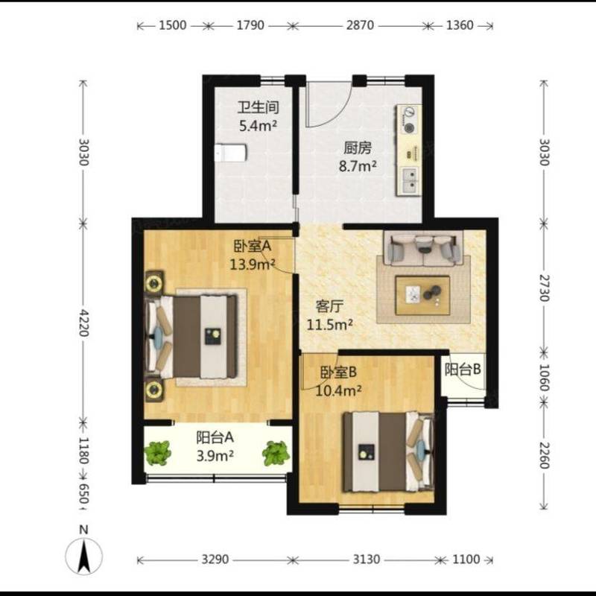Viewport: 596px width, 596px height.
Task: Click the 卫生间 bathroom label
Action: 258,107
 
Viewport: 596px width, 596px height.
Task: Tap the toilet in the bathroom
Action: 230,153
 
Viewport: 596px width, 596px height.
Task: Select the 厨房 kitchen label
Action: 358,148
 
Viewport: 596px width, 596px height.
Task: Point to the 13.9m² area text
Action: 252,264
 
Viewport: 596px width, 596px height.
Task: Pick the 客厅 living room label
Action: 329,306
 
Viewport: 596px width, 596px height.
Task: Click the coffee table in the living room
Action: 422,295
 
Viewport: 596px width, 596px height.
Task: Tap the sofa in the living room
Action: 423,248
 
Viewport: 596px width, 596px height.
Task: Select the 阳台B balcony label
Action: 463,370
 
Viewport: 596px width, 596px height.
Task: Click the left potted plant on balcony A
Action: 157,453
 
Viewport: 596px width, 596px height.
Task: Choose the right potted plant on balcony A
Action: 276,453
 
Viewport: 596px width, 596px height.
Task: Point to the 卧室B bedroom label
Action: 338,372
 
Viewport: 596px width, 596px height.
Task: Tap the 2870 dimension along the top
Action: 360,25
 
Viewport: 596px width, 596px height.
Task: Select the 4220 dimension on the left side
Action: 83,323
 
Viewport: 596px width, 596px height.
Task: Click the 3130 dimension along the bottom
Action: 366,559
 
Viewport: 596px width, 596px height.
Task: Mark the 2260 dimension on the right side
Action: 544,455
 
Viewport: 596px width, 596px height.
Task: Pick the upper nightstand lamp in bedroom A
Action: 154,283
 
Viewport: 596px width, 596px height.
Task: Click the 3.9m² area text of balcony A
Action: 215,456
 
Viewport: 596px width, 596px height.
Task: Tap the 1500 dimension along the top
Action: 173,25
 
